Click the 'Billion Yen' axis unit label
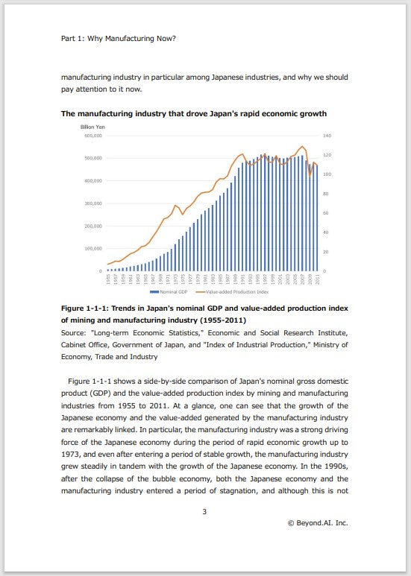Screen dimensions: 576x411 (94, 127)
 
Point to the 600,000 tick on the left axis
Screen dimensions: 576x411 (92, 136)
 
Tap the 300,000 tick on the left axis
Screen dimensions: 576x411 (92, 203)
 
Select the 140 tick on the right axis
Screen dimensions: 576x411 (326, 136)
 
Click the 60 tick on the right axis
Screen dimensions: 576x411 (325, 213)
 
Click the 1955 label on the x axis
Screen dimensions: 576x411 (108, 280)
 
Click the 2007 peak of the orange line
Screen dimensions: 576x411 (301, 147)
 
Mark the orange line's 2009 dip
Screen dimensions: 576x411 (310, 175)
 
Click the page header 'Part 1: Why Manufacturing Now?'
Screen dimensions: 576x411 (118, 37)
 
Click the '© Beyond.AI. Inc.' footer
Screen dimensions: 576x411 (318, 523)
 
